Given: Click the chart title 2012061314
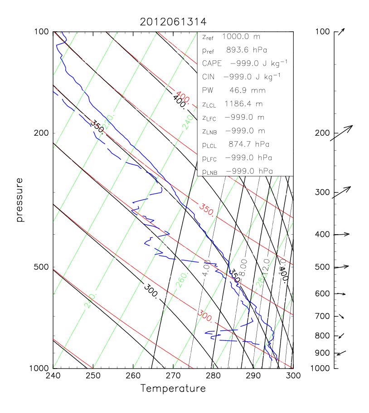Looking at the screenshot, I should [x=173, y=22].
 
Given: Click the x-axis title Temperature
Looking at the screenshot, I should [x=173, y=388].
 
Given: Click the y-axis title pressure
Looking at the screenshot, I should [x=19, y=200].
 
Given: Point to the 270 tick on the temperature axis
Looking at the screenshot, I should [x=173, y=368].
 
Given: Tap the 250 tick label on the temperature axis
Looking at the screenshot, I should [x=93, y=376].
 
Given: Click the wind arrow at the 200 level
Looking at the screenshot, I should [x=341, y=133].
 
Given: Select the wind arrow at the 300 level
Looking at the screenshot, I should [x=341, y=192].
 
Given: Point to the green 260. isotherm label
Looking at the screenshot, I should [x=181, y=282].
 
